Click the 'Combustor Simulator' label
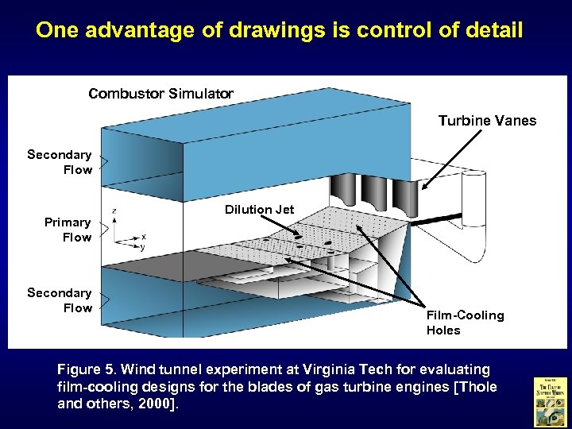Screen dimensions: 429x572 pyautogui.click(x=161, y=94)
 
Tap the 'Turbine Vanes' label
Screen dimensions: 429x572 pyautogui.click(x=487, y=121)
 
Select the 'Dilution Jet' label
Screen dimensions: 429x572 pyautogui.click(x=259, y=210)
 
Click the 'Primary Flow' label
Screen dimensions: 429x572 pyautogui.click(x=68, y=230)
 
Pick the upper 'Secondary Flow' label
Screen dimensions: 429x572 pyautogui.click(x=60, y=162)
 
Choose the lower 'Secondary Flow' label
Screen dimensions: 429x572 pyautogui.click(x=60, y=300)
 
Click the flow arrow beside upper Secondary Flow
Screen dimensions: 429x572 pyautogui.click(x=102, y=162)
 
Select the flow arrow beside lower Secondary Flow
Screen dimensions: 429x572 pyautogui.click(x=102, y=300)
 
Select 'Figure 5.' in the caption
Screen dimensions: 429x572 pyautogui.click(x=87, y=369)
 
